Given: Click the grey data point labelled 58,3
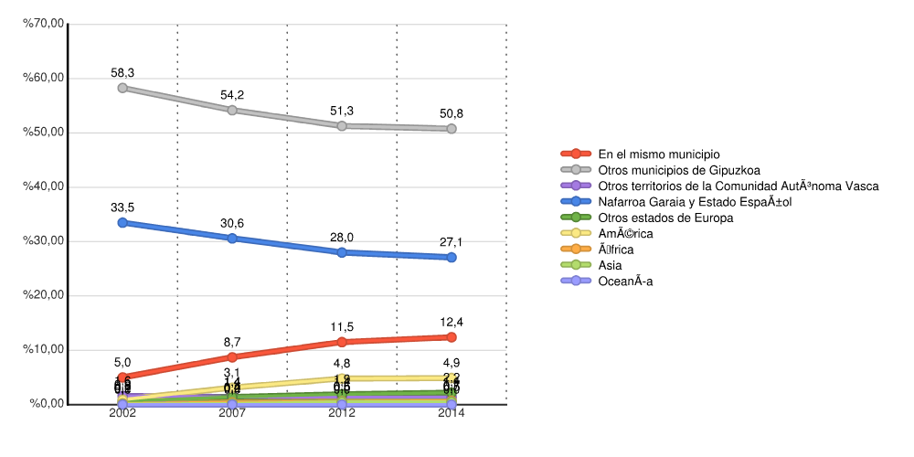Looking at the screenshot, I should click(122, 88).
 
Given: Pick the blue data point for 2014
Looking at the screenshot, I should click(452, 258).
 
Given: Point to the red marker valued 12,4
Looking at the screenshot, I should click(452, 337).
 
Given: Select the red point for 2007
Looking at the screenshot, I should click(232, 357).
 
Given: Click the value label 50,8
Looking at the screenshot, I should click(452, 113).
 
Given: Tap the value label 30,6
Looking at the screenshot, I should click(232, 223).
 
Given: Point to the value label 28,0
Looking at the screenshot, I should click(342, 238).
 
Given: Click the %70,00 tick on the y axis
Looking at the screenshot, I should click(44, 24).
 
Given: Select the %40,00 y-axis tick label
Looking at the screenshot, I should click(44, 186).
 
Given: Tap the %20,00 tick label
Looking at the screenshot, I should click(44, 295).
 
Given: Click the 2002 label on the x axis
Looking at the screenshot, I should click(122, 413).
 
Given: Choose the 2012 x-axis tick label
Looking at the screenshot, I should click(342, 413).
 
